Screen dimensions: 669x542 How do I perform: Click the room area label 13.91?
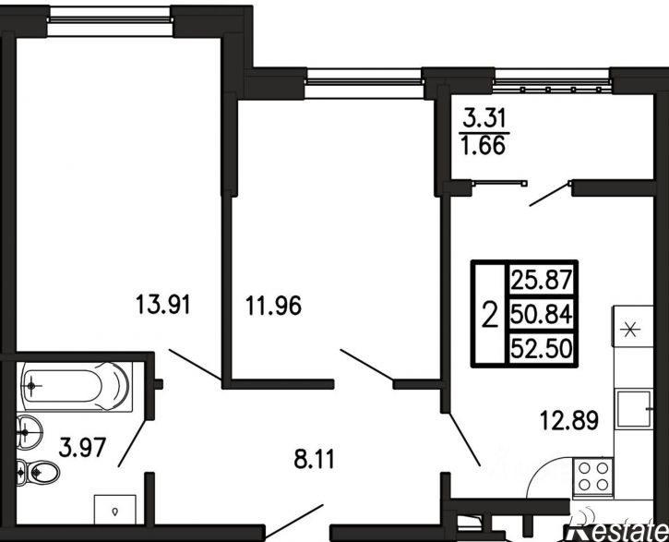tap(162, 305)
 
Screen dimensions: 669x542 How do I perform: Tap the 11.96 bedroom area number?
tap(273, 306)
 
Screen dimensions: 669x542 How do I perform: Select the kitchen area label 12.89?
tap(569, 420)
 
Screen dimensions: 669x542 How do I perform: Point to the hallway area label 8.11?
tap(315, 459)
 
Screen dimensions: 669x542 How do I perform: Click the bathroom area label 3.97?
tap(82, 448)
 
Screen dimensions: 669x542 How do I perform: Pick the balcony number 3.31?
tap(484, 118)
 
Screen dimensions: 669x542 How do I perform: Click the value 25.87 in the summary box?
tap(541, 280)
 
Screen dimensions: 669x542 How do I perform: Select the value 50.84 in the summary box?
tap(541, 315)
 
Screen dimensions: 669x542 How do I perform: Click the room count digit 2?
tap(490, 314)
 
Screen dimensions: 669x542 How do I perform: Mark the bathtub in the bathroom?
tap(76, 386)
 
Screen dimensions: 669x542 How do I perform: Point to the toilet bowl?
tap(38, 473)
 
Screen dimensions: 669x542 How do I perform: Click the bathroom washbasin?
tap(29, 432)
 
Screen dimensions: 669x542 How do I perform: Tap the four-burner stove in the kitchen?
tap(592, 477)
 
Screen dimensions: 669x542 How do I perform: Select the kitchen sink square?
tap(634, 409)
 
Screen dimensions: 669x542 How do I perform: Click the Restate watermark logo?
tap(616, 532)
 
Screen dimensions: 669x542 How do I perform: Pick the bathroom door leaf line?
tap(133, 443)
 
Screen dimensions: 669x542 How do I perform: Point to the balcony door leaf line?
tap(550, 194)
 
